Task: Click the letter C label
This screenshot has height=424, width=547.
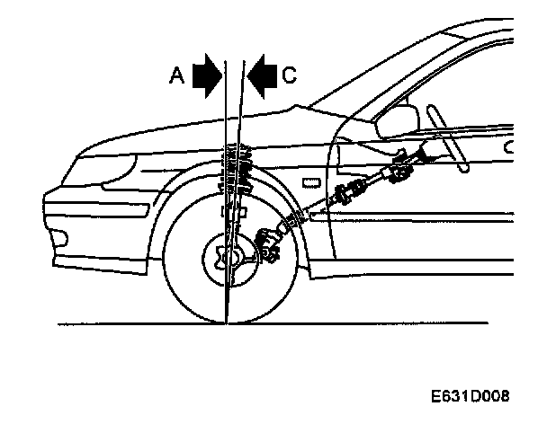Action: point(288,77)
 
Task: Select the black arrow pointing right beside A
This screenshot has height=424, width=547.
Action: point(208,75)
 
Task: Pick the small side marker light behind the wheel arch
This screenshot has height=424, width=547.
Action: point(309,182)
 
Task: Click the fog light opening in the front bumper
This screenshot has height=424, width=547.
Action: point(61,239)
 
